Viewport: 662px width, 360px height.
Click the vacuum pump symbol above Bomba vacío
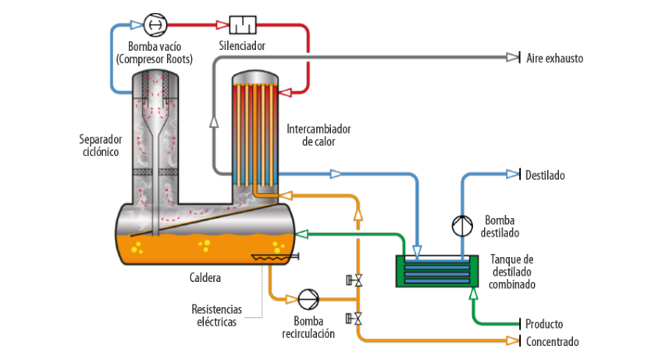[x=155, y=25]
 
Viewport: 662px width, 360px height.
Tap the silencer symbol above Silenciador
[x=243, y=25]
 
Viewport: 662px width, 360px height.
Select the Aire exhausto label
[x=554, y=59]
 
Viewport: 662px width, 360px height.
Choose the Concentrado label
[x=552, y=342]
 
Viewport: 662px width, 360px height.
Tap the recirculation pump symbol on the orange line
[x=309, y=298]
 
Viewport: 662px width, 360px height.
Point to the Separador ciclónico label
[x=101, y=145]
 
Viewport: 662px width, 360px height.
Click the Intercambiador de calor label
[x=319, y=134]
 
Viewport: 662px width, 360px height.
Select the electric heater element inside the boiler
[x=269, y=258]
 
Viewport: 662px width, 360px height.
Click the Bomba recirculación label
[x=308, y=327]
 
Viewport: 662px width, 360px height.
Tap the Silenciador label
[x=243, y=46]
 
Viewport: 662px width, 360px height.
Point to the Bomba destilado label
[x=499, y=226]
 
